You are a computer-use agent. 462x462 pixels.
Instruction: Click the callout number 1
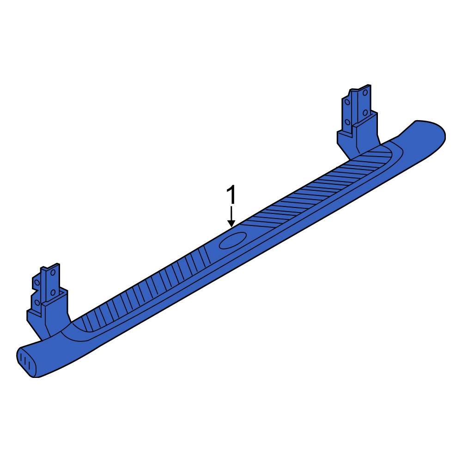[x=231, y=196]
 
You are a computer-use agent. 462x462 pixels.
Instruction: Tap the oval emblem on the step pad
[x=232, y=241]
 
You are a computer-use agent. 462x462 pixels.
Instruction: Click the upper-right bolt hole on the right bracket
[x=365, y=93]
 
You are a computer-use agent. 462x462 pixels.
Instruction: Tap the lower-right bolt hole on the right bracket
[x=365, y=112]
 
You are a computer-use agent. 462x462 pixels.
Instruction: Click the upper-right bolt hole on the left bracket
[x=53, y=273]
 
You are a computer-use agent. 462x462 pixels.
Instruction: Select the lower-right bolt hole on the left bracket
[x=53, y=292]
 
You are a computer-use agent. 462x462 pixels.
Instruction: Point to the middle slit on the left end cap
[x=26, y=362]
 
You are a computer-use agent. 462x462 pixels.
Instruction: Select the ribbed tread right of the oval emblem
[x=314, y=189]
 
